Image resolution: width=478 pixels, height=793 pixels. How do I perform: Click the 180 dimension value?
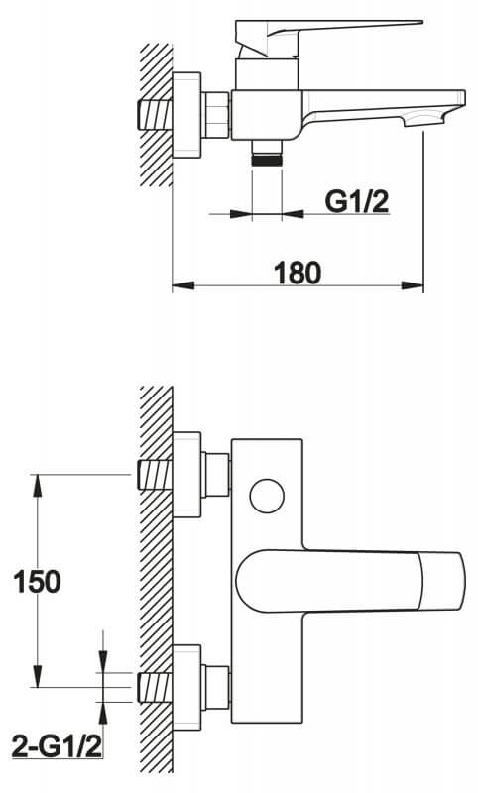(x=298, y=273)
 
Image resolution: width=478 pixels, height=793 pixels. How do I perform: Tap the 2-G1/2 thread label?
(x=57, y=747)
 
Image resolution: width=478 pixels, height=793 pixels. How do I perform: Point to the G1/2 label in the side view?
(x=357, y=202)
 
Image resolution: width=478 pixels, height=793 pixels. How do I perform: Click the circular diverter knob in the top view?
(x=267, y=497)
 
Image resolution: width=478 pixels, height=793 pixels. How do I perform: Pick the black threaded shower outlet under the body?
(x=267, y=161)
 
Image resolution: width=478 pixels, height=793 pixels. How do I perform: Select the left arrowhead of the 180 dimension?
(x=183, y=285)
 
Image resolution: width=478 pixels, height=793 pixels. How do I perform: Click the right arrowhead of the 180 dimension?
(x=413, y=285)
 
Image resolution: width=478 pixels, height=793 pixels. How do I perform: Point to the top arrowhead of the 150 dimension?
(x=37, y=485)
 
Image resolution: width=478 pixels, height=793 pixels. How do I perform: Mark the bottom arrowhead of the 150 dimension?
(x=37, y=676)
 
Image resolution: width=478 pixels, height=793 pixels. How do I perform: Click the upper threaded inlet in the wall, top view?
(x=155, y=475)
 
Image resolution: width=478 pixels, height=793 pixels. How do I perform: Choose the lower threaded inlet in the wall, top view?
(x=155, y=687)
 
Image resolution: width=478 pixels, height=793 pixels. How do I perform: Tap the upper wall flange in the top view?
(x=187, y=475)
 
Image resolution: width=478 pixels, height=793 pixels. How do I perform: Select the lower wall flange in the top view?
(x=187, y=688)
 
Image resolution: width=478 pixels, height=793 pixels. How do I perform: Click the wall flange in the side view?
(x=187, y=115)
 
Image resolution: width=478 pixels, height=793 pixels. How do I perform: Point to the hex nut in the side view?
(x=216, y=115)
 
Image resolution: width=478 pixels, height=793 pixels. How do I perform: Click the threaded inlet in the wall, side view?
(x=155, y=115)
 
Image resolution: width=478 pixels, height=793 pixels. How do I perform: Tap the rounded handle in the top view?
(x=350, y=581)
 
